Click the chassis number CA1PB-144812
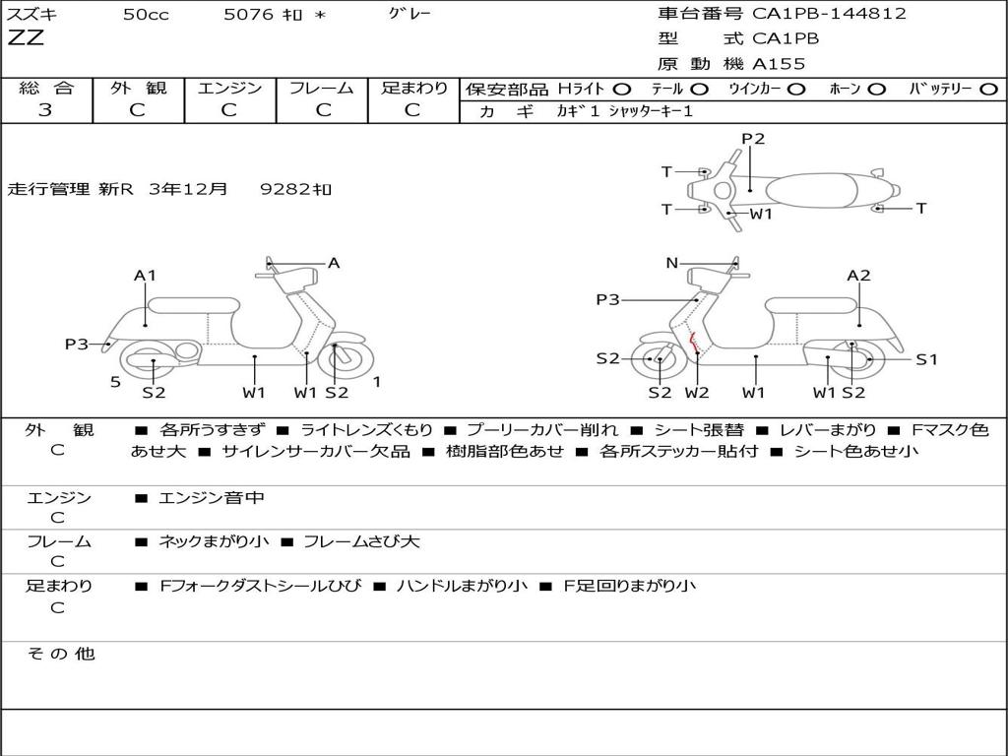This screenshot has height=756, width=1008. tap(829, 14)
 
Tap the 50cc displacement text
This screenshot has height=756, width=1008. tap(146, 14)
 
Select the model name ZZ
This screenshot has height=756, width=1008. tap(26, 37)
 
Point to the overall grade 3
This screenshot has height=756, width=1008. tap(45, 110)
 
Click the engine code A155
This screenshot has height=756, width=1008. tap(779, 64)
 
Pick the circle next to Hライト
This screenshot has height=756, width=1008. tap(622, 90)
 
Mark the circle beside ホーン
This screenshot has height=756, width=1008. tap(876, 90)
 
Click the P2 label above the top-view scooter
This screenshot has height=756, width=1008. tap(753, 138)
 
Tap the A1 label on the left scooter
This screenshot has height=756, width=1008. tap(145, 276)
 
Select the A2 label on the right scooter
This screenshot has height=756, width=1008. tap(858, 276)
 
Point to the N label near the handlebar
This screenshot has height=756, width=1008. tap(671, 263)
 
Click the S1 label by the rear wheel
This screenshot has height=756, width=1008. tap(926, 359)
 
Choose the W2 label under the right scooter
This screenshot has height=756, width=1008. tap(697, 392)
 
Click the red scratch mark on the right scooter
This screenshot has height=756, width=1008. tap(693, 343)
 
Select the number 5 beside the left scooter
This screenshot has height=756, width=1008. tap(115, 382)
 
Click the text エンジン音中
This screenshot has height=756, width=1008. tap(212, 497)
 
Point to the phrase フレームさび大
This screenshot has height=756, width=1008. tap(361, 541)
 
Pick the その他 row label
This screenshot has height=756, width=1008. tap(60, 654)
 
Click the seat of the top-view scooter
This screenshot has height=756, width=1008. tap(812, 191)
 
